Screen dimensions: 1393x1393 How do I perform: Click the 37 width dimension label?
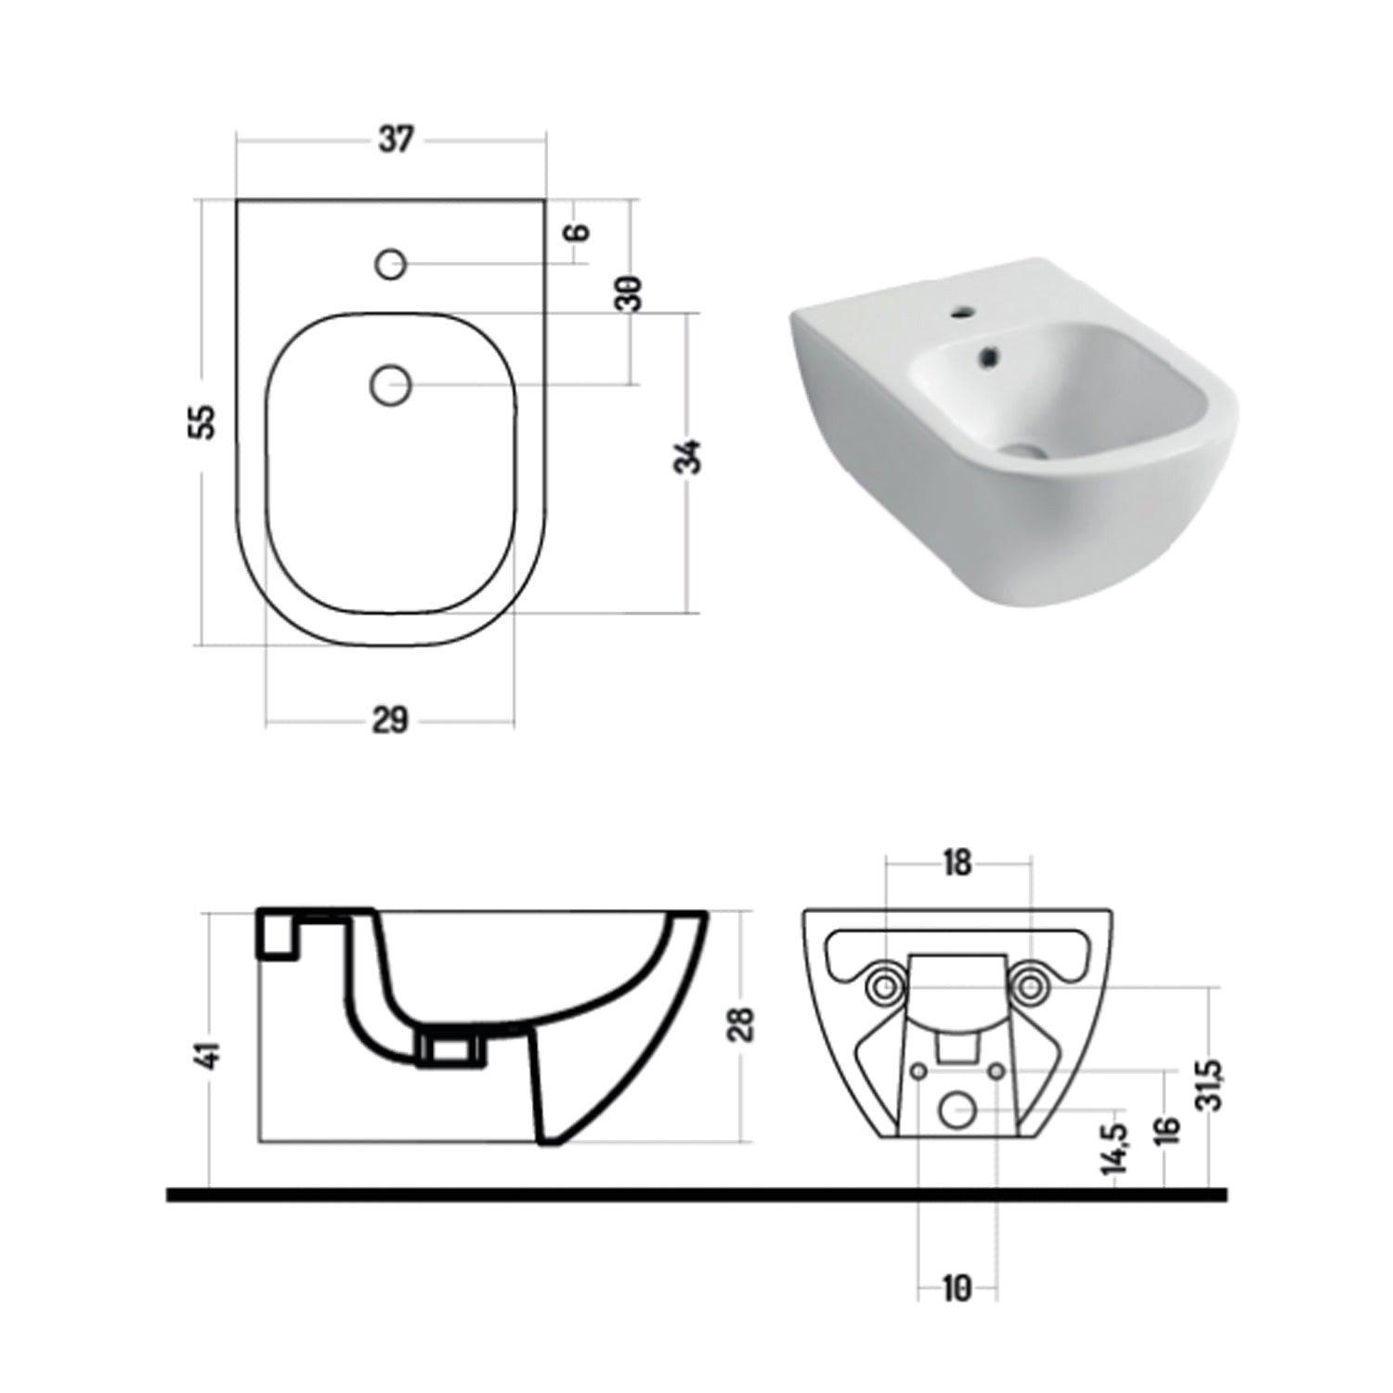(396, 140)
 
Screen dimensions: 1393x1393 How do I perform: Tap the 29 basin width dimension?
(390, 720)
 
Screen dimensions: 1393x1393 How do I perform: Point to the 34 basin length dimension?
(688, 457)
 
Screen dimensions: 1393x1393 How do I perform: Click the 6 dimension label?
(579, 231)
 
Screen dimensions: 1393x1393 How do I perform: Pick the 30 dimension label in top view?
(631, 293)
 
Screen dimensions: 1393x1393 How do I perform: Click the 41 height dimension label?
(211, 1054)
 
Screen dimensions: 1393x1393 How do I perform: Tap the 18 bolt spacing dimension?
(957, 864)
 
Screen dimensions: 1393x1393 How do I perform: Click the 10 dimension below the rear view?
(957, 1289)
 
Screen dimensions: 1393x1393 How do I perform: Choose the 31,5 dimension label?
(1211, 1085)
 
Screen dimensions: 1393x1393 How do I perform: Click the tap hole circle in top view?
(391, 265)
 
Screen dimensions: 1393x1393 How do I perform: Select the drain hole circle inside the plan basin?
(391, 384)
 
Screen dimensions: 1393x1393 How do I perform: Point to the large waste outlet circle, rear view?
(957, 1110)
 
